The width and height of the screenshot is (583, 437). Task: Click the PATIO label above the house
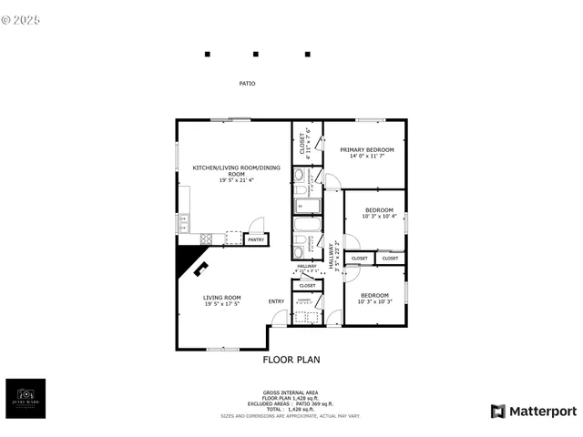(247, 84)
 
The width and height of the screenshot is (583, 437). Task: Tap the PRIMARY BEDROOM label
(366, 149)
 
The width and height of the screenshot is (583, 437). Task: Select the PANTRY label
(256, 239)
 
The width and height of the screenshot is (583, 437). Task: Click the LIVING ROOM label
(221, 298)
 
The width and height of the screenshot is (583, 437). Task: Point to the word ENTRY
(276, 301)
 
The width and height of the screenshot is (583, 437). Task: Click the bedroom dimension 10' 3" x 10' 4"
(379, 217)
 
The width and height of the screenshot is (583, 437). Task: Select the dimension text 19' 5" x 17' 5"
(221, 304)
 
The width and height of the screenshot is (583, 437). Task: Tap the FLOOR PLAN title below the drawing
(291, 360)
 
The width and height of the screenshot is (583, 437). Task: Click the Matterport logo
(534, 412)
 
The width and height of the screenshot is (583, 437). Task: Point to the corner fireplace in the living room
(192, 266)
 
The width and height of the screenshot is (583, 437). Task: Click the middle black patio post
(256, 55)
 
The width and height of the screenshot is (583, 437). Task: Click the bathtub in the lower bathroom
(305, 225)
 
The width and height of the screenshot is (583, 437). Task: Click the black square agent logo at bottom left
(26, 398)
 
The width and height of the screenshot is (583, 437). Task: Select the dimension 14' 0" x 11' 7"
(366, 157)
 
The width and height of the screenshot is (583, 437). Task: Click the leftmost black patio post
(208, 55)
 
